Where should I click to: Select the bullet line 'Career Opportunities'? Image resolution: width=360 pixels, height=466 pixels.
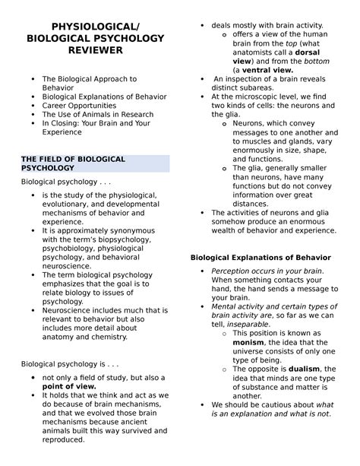click(79, 107)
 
